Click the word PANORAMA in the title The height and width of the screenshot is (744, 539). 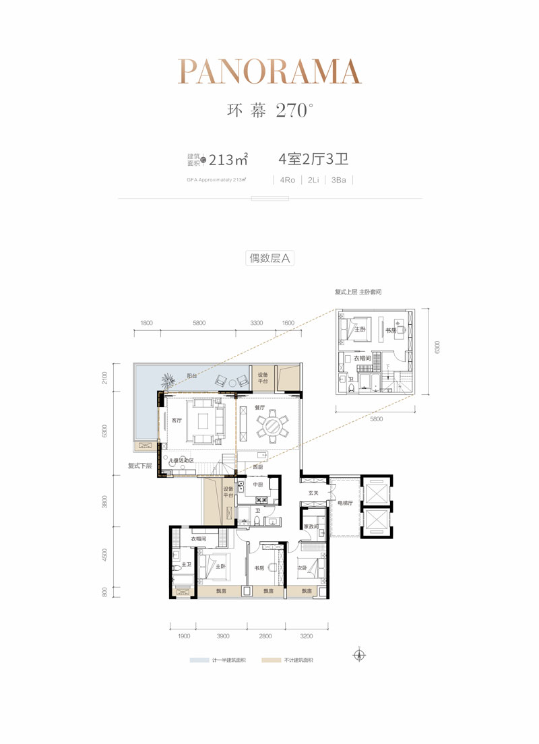coord(269,71)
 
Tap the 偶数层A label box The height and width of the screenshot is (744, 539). coord(269,257)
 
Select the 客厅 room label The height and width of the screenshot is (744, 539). coord(177,421)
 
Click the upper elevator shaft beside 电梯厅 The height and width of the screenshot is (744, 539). coord(375,489)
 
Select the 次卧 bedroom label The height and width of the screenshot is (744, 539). coord(303,567)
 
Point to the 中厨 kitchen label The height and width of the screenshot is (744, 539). coord(257,485)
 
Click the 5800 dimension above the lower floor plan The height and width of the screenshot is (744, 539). coord(199,323)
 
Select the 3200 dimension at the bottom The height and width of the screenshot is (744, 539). coord(307,635)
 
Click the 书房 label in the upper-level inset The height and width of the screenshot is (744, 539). coord(390,330)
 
